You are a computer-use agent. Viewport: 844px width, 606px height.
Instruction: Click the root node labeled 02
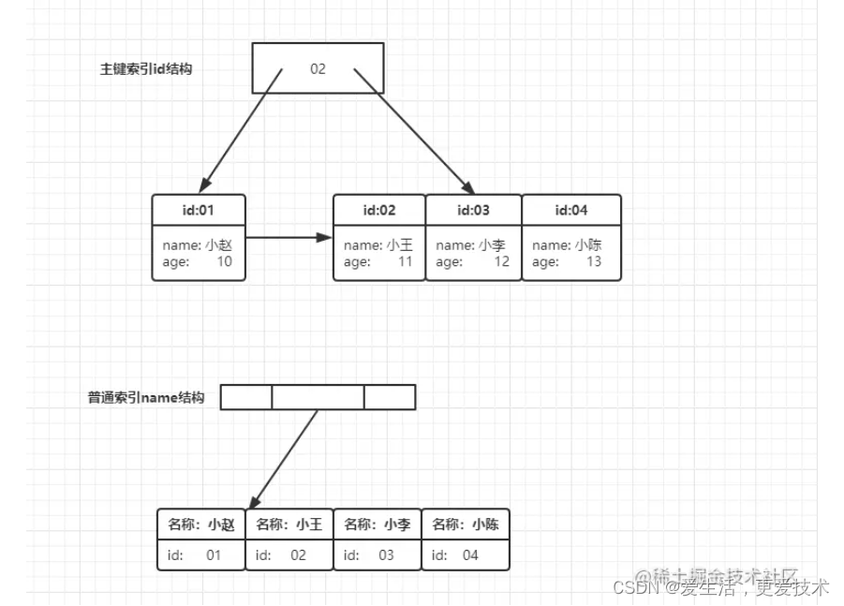pos(318,68)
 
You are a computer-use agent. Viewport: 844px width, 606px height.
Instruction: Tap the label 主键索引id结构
pos(146,68)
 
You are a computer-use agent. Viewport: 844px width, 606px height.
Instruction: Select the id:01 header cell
pos(199,210)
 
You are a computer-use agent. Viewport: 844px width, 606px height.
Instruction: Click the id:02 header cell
pos(378,210)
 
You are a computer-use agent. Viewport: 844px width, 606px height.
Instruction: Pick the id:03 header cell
pos(473,210)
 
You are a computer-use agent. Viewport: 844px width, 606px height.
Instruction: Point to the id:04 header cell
pos(570,210)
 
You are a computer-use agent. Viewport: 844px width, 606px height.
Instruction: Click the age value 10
pos(224,262)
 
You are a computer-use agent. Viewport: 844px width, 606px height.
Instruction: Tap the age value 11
pos(405,262)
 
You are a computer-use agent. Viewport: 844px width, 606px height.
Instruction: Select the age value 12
pos(501,262)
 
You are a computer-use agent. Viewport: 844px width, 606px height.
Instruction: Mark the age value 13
pos(594,262)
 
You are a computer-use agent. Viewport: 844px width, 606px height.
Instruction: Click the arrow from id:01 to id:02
pos(289,238)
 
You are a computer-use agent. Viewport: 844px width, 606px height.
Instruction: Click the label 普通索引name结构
pos(146,397)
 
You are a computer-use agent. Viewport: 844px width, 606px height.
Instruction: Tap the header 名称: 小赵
pos(201,525)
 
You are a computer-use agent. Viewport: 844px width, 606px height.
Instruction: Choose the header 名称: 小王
pos(289,525)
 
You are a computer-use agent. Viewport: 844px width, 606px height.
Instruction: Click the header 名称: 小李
pos(377,525)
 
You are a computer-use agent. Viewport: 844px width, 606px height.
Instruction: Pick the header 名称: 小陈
pos(466,525)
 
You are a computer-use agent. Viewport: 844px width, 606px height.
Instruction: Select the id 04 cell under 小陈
pos(466,555)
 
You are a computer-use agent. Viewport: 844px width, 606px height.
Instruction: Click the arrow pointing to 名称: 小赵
pos(285,459)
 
